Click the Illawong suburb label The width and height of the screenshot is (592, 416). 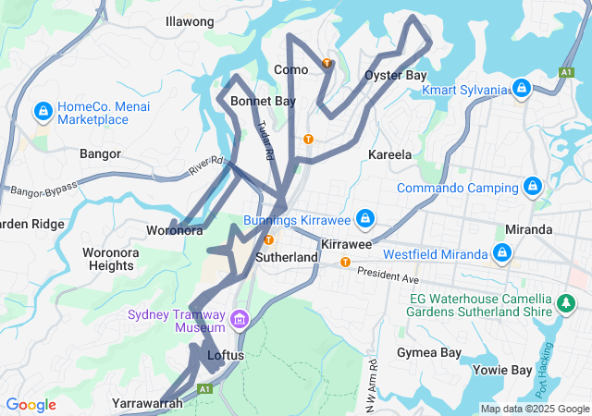[190, 20]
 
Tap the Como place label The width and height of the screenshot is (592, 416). [290, 69]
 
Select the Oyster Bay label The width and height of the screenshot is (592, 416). [395, 75]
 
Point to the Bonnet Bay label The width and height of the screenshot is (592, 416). [263, 101]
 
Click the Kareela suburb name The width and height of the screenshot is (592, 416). [389, 154]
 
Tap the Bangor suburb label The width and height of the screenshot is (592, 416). [100, 153]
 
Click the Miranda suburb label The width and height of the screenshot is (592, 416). [529, 229]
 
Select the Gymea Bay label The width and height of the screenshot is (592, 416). [428, 353]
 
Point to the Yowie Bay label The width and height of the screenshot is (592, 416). [504, 371]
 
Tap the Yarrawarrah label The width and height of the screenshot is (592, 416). [146, 403]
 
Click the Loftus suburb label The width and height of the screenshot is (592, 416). [226, 354]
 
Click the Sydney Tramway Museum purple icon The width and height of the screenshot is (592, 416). [240, 320]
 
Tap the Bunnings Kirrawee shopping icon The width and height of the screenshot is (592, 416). [365, 218]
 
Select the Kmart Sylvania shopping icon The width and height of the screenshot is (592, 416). [522, 88]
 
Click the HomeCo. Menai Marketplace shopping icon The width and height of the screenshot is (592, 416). [42, 112]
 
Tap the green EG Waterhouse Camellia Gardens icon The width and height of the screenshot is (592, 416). [564, 302]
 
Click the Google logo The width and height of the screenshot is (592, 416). [31, 405]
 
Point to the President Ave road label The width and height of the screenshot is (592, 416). [388, 276]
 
